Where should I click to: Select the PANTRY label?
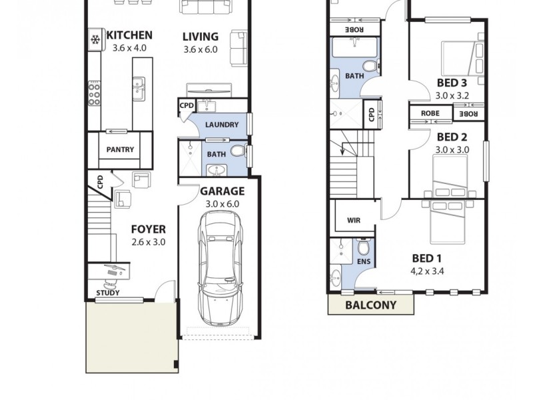coord(120,149)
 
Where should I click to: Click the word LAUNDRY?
coord(222,125)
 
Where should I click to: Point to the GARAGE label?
coord(223,191)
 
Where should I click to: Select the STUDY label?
coord(108,293)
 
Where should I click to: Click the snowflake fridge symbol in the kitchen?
coord(95,41)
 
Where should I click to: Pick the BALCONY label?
coord(370,305)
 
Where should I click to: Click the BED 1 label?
coord(428,259)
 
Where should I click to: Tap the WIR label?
coord(353,221)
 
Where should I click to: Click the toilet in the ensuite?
coord(364,248)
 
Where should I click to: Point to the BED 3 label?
coord(451,83)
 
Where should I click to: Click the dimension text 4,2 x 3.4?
coord(428,271)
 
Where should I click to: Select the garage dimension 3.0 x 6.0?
coord(223,204)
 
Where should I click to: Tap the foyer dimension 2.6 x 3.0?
coord(148,242)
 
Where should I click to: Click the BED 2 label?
coord(452,137)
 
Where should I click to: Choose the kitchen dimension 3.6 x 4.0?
coord(129,49)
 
